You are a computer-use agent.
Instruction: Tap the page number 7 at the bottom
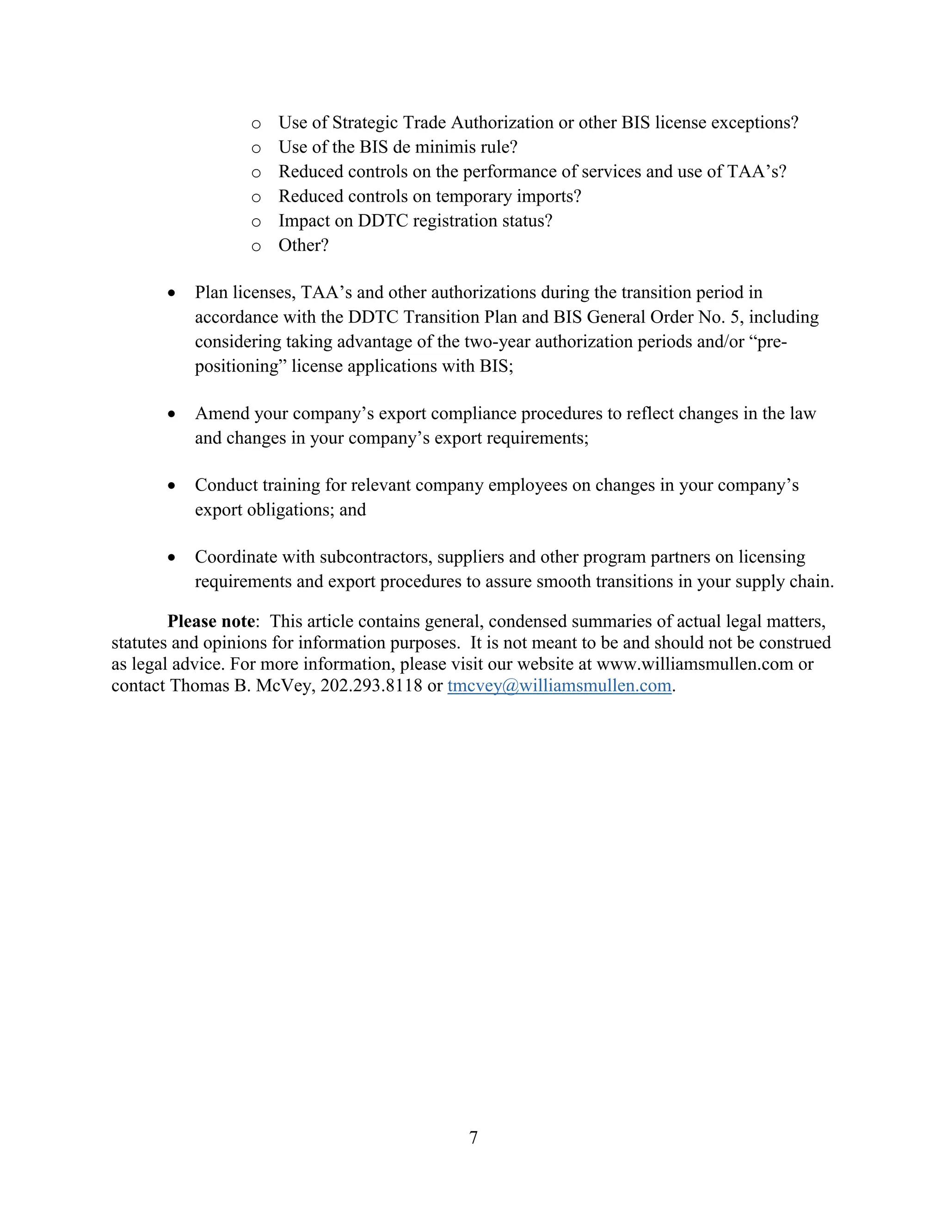pos(473,1138)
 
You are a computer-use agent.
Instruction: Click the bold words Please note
pos(211,621)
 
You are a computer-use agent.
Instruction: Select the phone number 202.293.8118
pos(371,686)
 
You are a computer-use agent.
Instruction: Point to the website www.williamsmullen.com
pos(694,664)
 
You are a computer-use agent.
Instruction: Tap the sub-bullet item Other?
pos(303,245)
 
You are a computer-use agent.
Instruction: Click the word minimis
pos(457,147)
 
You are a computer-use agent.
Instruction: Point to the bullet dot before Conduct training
pos(172,486)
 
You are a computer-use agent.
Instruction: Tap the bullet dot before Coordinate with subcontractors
pos(172,557)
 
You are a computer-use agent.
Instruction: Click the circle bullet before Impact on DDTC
pos(256,222)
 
